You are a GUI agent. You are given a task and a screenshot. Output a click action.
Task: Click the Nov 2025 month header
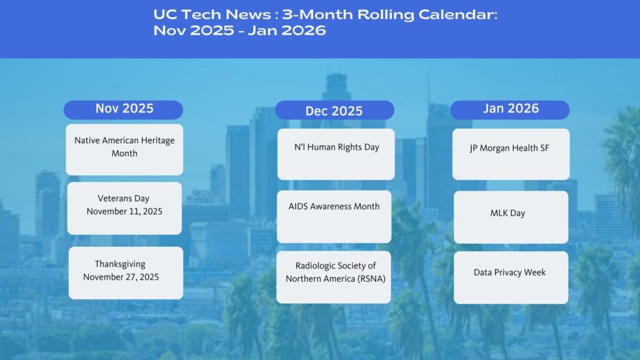click(x=124, y=109)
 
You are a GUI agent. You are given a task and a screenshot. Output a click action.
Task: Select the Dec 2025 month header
click(x=334, y=111)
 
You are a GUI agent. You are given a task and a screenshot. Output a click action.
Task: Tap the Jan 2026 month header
click(x=510, y=109)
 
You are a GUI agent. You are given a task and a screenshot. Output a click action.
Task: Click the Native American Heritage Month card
click(x=124, y=149)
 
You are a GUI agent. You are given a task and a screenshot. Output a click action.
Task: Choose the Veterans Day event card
click(x=124, y=208)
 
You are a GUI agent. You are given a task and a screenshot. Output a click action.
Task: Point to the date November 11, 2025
click(x=124, y=212)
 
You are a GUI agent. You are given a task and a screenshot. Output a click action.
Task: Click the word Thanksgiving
click(x=120, y=264)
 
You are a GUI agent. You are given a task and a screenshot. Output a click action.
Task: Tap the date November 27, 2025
click(x=121, y=277)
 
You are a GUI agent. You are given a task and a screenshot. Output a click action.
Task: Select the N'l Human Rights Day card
click(x=336, y=154)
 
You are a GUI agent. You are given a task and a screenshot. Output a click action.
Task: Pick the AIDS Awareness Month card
click(x=334, y=216)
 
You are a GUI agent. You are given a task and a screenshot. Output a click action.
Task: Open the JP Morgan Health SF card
click(x=511, y=154)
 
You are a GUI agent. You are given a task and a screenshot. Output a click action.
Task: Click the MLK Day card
click(x=511, y=217)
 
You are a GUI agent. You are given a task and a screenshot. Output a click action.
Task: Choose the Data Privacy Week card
click(x=511, y=277)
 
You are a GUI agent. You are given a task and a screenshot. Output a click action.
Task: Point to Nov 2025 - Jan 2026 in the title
click(x=239, y=31)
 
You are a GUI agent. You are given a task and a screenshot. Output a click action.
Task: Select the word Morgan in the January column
click(x=498, y=149)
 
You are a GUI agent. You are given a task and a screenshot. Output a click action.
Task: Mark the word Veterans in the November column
click(x=114, y=199)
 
